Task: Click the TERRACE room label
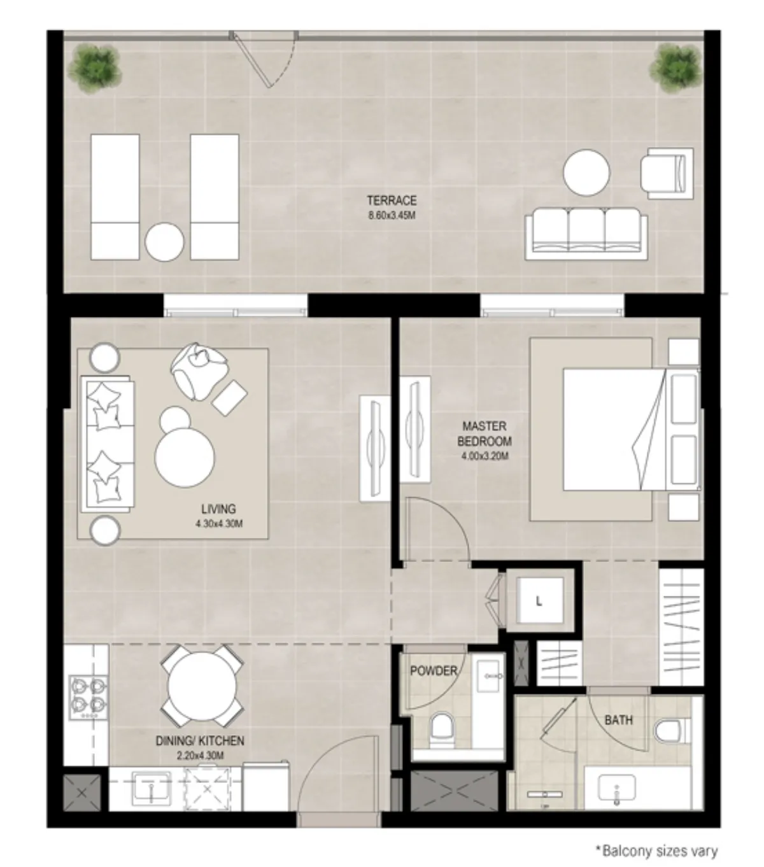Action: (x=392, y=201)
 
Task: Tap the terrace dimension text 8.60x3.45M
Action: (x=392, y=215)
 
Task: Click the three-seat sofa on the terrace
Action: (x=586, y=234)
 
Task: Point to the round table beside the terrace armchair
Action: (x=586, y=173)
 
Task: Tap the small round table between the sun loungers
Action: (x=164, y=241)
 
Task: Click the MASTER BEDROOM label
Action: (x=484, y=433)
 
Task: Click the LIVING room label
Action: (x=218, y=509)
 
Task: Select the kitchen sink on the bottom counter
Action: (x=152, y=790)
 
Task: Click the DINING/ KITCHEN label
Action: (x=200, y=741)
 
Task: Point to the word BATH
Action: (x=618, y=720)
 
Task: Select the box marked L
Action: (x=539, y=601)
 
